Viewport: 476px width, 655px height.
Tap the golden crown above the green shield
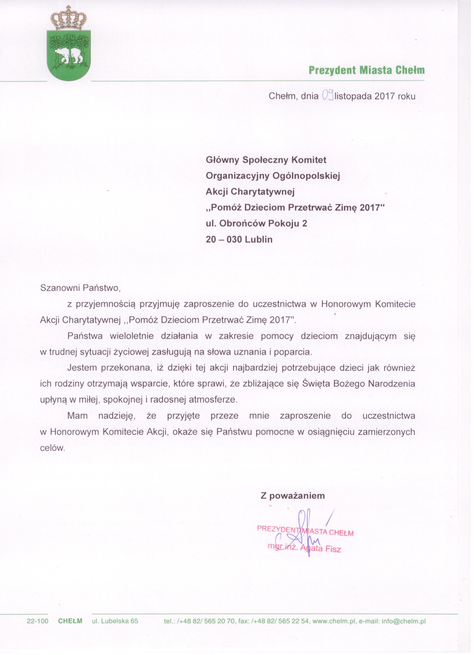68,19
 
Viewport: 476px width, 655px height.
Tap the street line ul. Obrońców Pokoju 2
256,224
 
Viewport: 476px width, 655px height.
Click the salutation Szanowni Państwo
80,288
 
